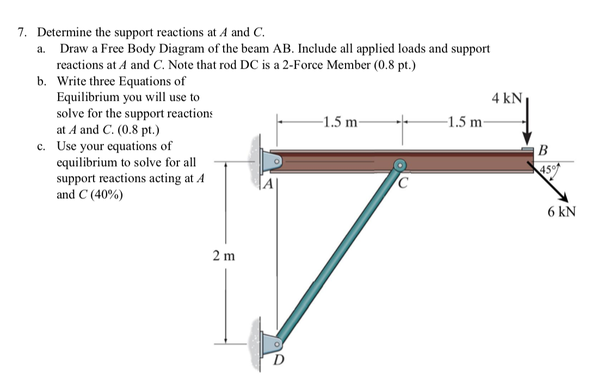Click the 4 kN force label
[x=506, y=99]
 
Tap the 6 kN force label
[x=561, y=212]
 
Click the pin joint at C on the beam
[x=400, y=164]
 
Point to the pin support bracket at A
[x=270, y=161]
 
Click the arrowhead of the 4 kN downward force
[x=527, y=138]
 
